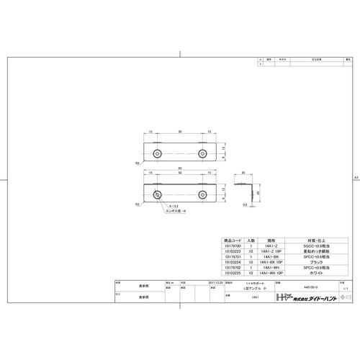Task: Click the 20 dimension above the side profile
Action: (244, 172)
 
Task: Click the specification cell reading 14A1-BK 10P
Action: (271, 263)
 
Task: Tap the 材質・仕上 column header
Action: (317, 240)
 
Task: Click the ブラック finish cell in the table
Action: (317, 263)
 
